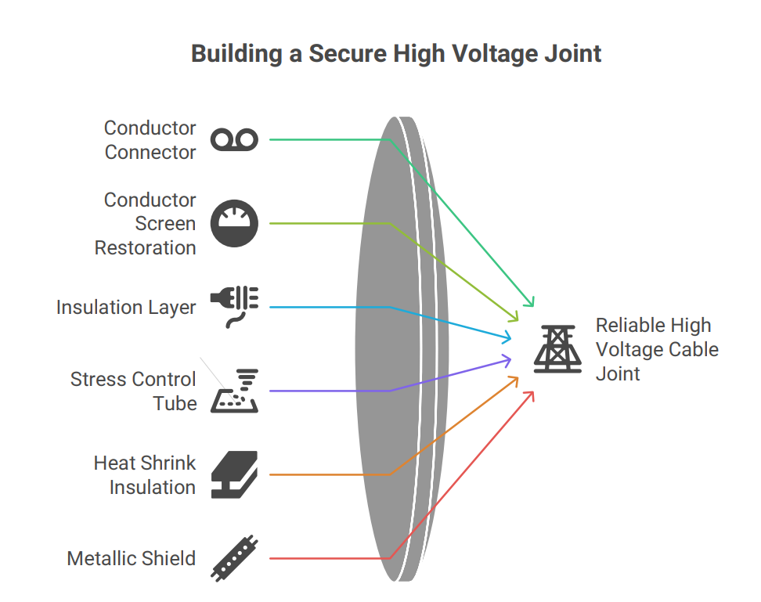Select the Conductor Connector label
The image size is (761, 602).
point(150,139)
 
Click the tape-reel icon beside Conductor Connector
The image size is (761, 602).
point(234,140)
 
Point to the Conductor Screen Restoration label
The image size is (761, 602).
point(146,224)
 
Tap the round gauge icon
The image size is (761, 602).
point(234,224)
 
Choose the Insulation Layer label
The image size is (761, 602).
point(126,308)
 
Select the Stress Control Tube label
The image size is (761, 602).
point(133,391)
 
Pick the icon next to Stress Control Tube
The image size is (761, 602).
point(234,391)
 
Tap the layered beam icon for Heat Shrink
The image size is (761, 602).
point(234,474)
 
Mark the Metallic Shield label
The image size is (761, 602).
point(131,559)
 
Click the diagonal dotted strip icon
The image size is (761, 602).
point(234,559)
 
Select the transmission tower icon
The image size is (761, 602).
point(557,349)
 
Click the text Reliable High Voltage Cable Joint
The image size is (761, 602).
point(656,349)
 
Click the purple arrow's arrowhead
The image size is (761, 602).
point(510,360)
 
